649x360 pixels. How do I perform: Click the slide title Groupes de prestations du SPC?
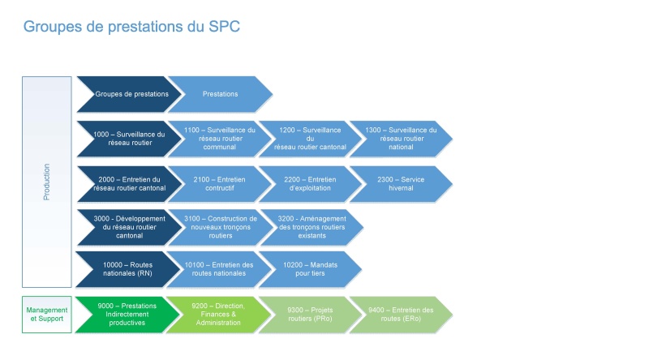(131, 27)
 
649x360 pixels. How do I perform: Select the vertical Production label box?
(47, 182)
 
